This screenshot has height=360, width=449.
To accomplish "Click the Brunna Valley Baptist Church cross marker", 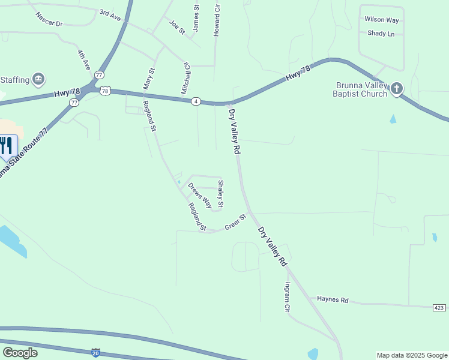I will coord(396,89).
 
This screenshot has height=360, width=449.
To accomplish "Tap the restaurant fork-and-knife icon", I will coord(6,146).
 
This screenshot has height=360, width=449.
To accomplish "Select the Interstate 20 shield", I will coord(96,352).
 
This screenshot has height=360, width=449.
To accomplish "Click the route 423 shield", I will coord(439,307).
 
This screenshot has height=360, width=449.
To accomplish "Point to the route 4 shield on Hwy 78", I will coord(196,101).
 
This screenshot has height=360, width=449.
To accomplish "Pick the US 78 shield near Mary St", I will coord(105,90).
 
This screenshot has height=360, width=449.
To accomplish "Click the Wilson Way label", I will coord(381,19).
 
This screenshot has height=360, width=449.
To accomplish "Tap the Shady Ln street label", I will coord(381,34).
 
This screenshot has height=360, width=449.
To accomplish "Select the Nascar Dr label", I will coord(49,19).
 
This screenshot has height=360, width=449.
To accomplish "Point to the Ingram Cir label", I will coord(288,296).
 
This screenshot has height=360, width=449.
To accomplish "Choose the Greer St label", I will coord(235,222).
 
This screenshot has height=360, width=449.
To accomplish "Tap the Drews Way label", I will coord(200,195).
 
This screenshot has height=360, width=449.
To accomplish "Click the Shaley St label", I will coord(220,194).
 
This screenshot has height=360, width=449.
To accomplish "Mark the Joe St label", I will coord(176,26).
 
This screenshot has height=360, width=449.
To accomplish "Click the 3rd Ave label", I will coord(110,15).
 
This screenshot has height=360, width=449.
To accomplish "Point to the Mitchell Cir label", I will coord(186,79).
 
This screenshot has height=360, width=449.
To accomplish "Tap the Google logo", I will coord(20,352).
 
